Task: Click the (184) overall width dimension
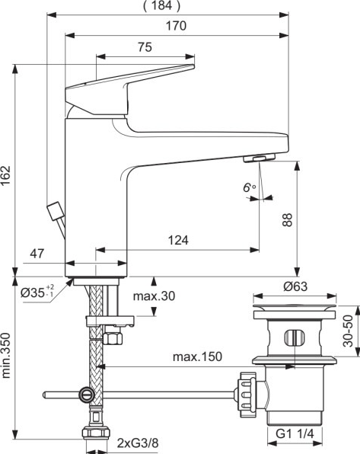pyautogui.click(x=162, y=5)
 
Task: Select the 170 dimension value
pyautogui.click(x=176, y=26)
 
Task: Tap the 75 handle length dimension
pyautogui.click(x=145, y=47)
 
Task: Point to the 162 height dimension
pyautogui.click(x=6, y=176)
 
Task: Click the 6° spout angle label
pyautogui.click(x=249, y=187)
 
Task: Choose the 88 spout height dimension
pyautogui.click(x=288, y=219)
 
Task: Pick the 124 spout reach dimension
pyautogui.click(x=178, y=240)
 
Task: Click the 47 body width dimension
pyautogui.click(x=37, y=254)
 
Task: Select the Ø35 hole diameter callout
pyautogui.click(x=37, y=293)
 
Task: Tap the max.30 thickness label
pyautogui.click(x=154, y=296)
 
